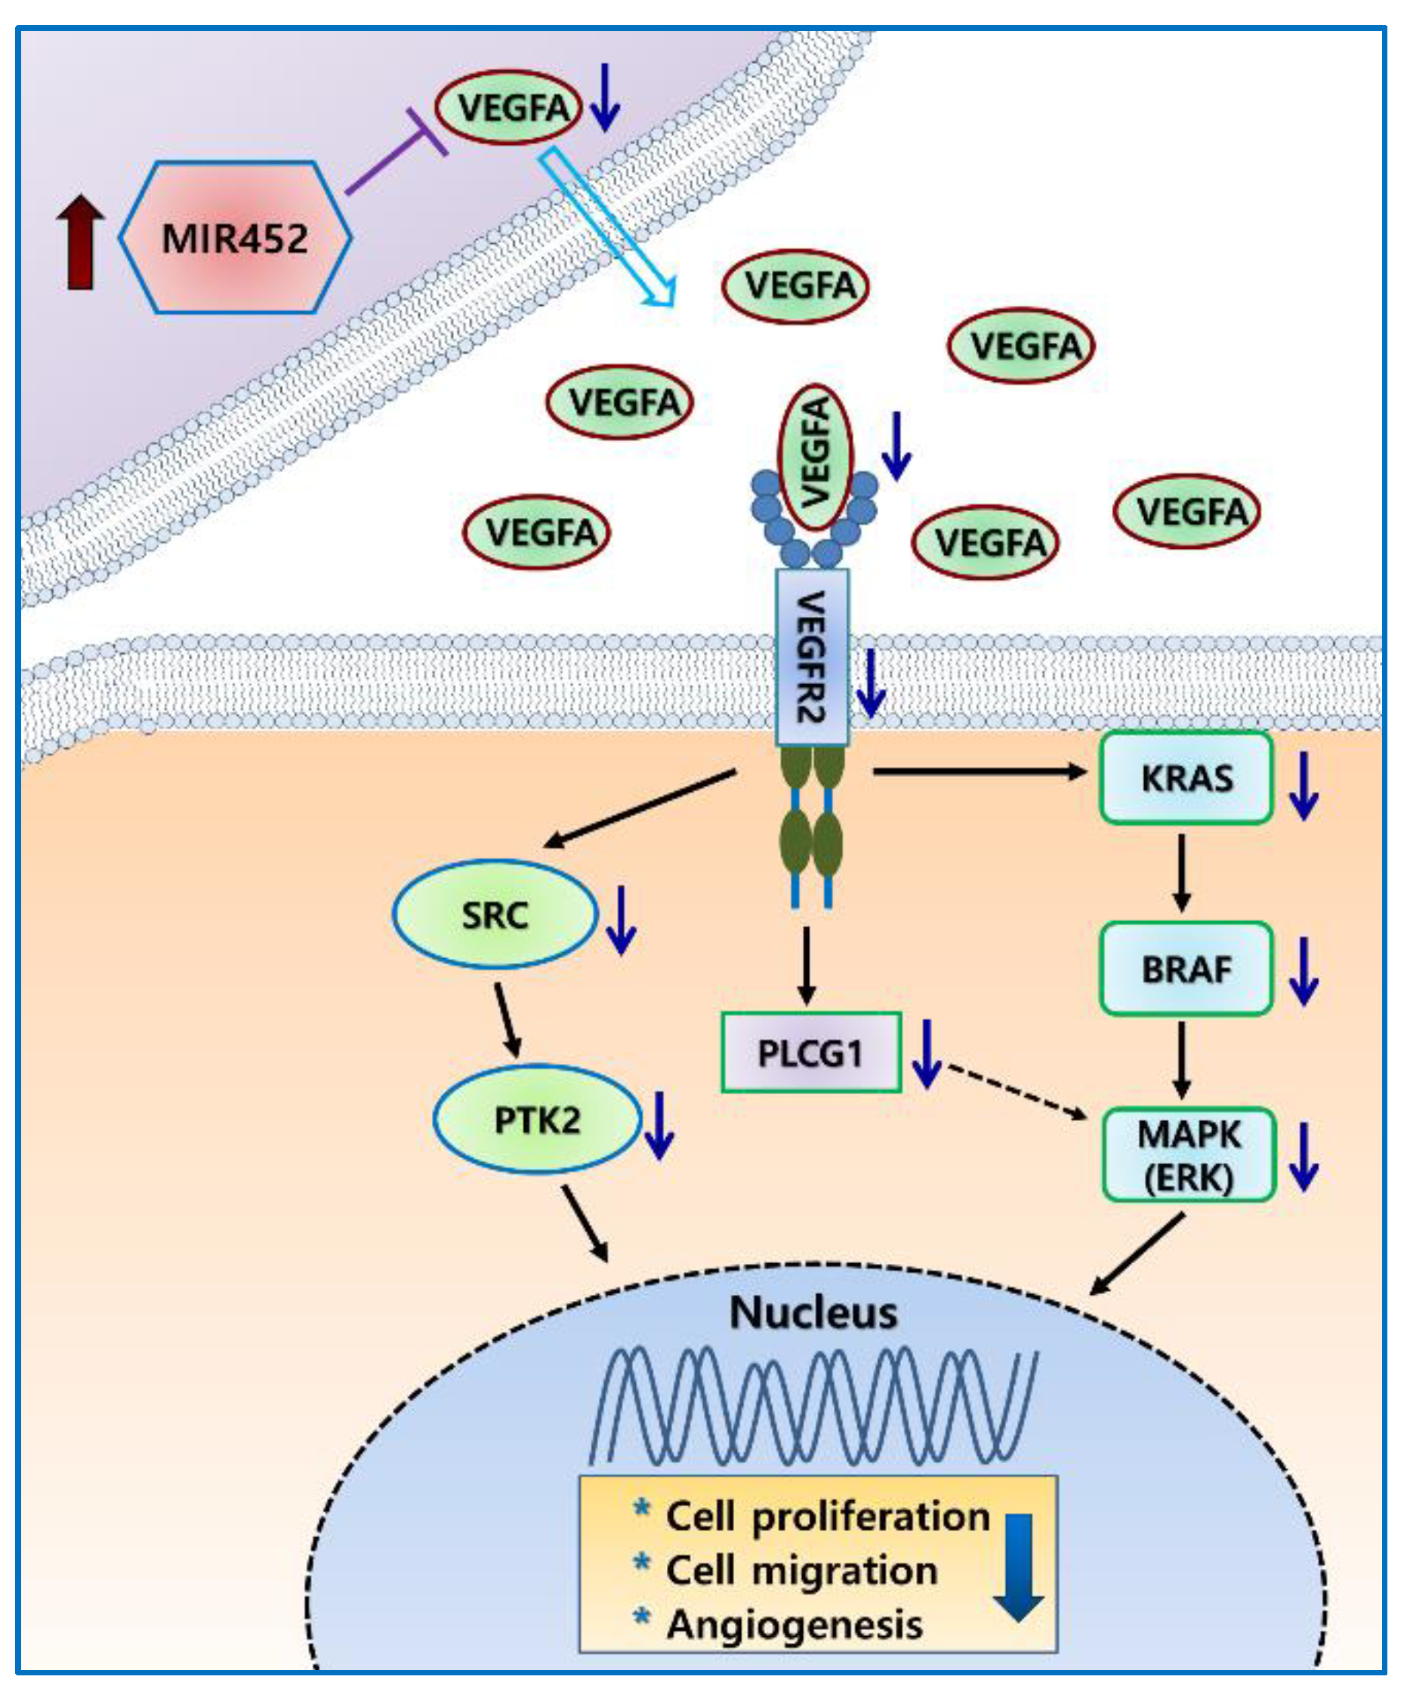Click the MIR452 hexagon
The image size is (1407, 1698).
point(236,237)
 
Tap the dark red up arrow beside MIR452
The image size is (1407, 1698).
point(80,242)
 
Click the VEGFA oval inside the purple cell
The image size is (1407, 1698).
point(508,107)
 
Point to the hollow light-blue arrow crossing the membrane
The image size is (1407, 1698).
point(607,227)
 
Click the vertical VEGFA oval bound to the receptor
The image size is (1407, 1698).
point(815,457)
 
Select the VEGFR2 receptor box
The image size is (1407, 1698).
point(812,657)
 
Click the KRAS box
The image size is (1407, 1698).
point(1186,778)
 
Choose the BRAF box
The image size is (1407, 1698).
point(1186,969)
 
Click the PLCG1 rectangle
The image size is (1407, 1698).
point(811,1052)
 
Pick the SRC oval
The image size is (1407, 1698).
point(495,914)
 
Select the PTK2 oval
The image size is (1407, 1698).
point(537,1120)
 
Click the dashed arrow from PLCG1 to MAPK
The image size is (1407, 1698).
point(1017,1092)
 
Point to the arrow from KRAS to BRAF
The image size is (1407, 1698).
point(1182,873)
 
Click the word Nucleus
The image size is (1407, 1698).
point(813,1313)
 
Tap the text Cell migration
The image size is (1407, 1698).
point(801,1571)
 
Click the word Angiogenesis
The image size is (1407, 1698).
point(794,1626)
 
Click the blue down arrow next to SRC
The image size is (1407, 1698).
point(621,920)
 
